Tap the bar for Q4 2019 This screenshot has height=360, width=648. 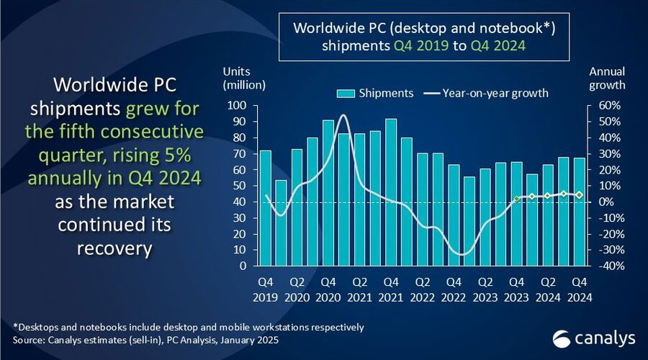click(x=265, y=208)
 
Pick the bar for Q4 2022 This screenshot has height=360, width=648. click(x=454, y=215)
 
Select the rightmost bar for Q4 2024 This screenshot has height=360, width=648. click(x=579, y=212)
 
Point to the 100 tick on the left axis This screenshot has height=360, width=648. click(x=237, y=106)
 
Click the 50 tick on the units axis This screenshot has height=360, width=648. click(x=240, y=186)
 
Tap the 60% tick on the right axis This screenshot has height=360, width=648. click(x=603, y=106)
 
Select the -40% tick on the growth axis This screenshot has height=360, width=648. click(x=602, y=266)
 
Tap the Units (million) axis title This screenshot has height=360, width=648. click(x=244, y=78)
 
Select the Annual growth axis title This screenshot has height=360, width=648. click(x=607, y=78)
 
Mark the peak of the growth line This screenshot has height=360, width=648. click(x=343, y=115)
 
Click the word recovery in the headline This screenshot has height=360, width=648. click(x=115, y=248)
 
